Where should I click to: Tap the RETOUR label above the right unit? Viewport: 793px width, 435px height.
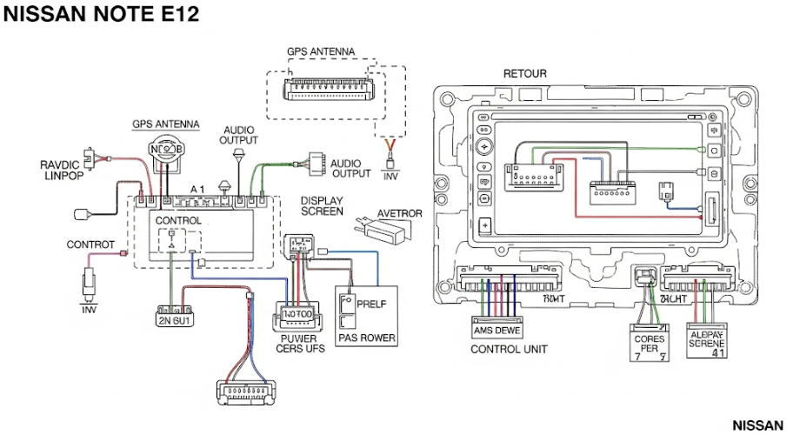point(525,74)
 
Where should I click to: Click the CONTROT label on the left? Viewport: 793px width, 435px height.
point(90,245)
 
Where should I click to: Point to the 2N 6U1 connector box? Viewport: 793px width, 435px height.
point(174,318)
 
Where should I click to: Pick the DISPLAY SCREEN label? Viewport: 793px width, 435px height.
point(321,205)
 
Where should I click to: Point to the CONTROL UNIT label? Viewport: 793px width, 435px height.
point(509,350)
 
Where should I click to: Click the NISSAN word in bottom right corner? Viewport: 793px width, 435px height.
point(758,425)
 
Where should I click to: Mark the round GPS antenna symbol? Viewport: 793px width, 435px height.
point(167,149)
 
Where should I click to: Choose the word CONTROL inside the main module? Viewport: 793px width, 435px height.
point(178,221)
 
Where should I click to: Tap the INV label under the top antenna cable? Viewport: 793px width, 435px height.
point(390,175)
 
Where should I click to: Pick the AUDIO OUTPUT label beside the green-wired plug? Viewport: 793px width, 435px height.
point(350,167)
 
